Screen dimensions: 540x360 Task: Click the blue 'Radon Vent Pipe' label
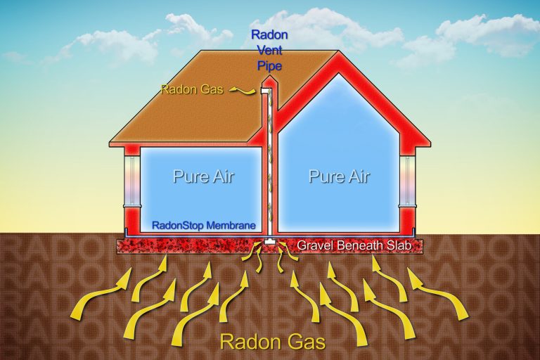pyautogui.click(x=269, y=51)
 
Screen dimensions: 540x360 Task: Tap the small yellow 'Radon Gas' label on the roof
pyautogui.click(x=192, y=89)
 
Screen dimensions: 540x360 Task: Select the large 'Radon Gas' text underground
pyautogui.click(x=272, y=342)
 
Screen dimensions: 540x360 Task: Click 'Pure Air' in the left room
pyautogui.click(x=203, y=176)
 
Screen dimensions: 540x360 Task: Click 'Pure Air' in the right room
pyautogui.click(x=339, y=176)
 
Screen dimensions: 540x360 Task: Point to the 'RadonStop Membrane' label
pyautogui.click(x=204, y=226)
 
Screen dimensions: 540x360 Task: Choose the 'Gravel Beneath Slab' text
pyautogui.click(x=354, y=245)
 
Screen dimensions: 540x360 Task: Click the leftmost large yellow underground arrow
pyautogui.click(x=100, y=292)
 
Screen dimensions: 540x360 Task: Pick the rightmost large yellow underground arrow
pyautogui.click(x=438, y=292)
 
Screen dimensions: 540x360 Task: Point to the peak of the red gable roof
pyautogui.click(x=339, y=51)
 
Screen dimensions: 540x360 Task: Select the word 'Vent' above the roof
pyautogui.click(x=270, y=51)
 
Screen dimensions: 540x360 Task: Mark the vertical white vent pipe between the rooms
pyautogui.click(x=269, y=165)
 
